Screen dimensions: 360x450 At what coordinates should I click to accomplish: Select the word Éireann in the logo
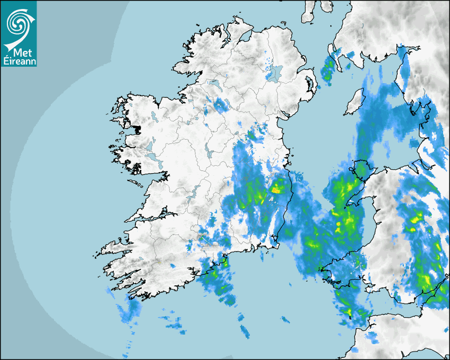point(19,61)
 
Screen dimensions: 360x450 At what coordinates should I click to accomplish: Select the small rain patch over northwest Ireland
point(219,104)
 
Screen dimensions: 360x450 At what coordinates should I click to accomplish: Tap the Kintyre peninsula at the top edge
point(308,12)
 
